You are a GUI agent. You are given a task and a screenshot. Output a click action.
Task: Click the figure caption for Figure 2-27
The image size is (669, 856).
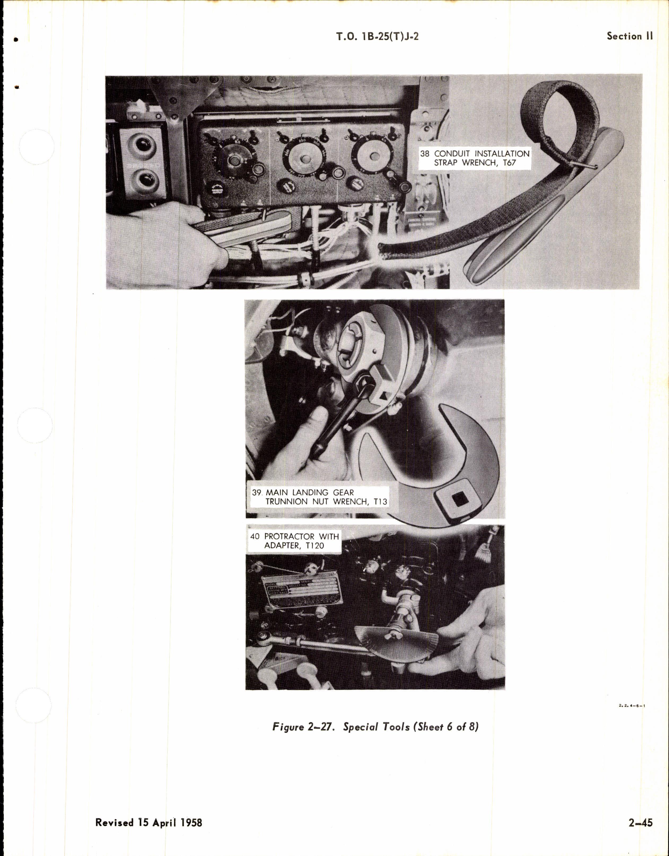pyautogui.click(x=375, y=727)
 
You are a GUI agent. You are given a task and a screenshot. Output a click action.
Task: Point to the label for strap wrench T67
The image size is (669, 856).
pyautogui.click(x=475, y=158)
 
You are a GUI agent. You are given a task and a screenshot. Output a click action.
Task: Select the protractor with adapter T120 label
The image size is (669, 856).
pyautogui.click(x=295, y=540)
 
